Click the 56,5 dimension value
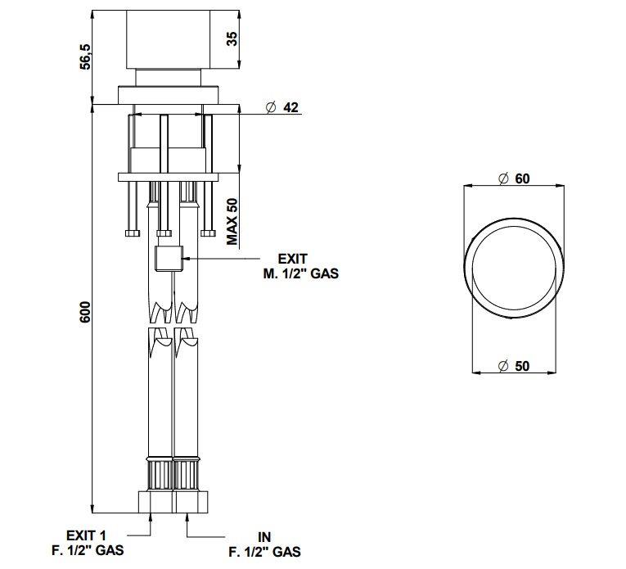85,56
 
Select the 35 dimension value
232,38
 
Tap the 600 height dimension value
85,312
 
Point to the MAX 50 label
232,222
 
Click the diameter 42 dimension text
281,107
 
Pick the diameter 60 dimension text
514,178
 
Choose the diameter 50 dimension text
514,366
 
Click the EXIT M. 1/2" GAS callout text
300,266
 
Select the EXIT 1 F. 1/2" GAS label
88,543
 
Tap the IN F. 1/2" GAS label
264,544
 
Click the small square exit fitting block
169,259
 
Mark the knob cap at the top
168,39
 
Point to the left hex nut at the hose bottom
155,502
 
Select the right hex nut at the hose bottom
191,502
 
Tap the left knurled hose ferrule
160,474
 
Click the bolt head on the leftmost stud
133,233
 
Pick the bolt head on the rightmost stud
208,233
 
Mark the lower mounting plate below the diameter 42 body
168,177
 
